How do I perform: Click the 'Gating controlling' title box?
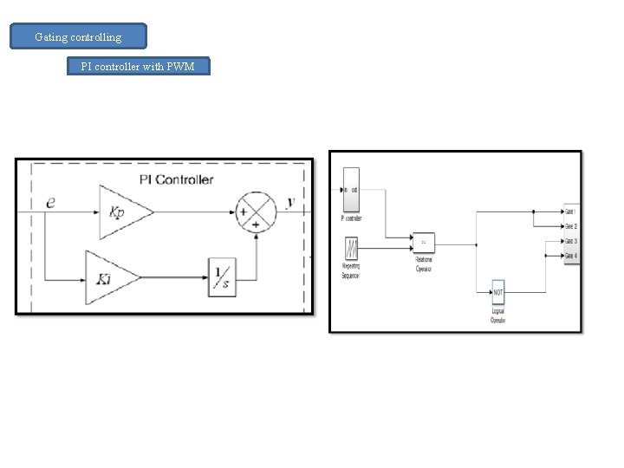(78, 37)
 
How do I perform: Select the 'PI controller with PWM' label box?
(139, 67)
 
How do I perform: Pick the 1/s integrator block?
(222, 277)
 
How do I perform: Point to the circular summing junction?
(257, 211)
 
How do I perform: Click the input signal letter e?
(50, 202)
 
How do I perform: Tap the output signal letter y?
(290, 202)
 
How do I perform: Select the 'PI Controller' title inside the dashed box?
(176, 179)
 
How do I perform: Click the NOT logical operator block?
(497, 292)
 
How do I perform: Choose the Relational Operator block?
(423, 243)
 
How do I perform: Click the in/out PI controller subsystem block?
(351, 190)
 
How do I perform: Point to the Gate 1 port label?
(570, 211)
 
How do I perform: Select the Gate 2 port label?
(570, 225)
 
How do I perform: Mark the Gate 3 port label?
(570, 240)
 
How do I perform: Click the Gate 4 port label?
(570, 255)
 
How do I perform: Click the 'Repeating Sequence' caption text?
(351, 272)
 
